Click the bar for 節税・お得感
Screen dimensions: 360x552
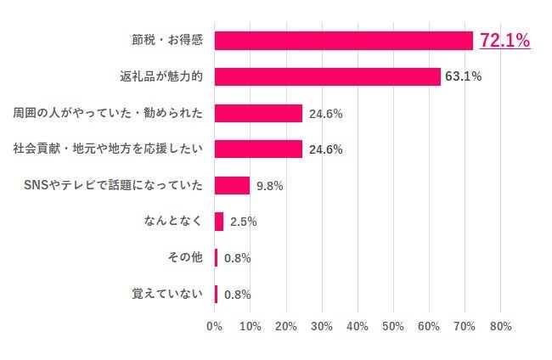coord(343,41)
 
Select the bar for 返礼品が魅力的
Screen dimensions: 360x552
coord(328,76)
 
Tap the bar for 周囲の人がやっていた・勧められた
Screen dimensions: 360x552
coord(258,113)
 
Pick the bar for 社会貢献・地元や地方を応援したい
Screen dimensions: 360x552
coord(258,149)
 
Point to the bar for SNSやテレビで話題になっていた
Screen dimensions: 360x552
coord(232,185)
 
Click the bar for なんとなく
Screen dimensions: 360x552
coord(219,222)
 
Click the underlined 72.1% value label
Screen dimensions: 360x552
coord(504,40)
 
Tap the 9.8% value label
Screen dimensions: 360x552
coord(270,186)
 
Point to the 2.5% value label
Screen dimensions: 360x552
coord(243,222)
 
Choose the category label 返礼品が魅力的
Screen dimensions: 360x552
coord(161,76)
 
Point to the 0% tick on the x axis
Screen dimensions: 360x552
coord(215,326)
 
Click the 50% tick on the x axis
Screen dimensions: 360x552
coord(393,326)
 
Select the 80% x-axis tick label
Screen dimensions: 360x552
coord(500,326)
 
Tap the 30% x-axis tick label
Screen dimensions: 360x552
coord(322,326)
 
